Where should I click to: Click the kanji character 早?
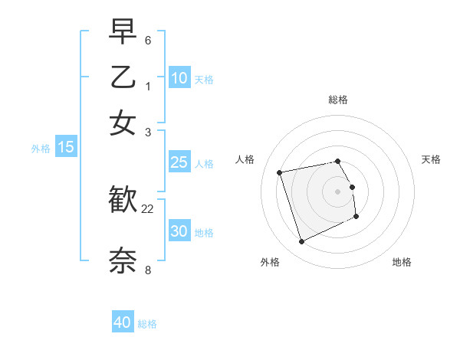click(123, 33)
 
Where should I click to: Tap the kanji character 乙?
click(123, 77)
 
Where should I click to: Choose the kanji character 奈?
click(123, 260)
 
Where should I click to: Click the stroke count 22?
click(148, 209)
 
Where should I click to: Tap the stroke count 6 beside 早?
click(148, 40)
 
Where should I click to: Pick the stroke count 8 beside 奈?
click(148, 269)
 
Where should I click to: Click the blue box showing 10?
click(179, 77)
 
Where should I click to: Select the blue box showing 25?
click(179, 162)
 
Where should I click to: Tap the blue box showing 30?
click(179, 231)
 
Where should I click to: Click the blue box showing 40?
click(123, 322)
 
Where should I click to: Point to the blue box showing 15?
click(66, 147)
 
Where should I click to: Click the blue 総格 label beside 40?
click(147, 324)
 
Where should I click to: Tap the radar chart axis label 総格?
click(337, 100)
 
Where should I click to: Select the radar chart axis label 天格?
click(431, 159)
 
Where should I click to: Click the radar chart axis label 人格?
click(245, 159)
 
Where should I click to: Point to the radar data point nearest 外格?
click(301, 242)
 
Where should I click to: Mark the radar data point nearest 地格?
click(356, 217)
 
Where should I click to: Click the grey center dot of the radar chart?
click(337, 191)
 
